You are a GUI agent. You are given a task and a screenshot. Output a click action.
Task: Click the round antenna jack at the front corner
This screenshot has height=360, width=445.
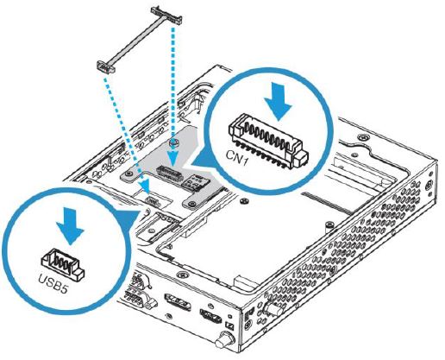tap(232, 340)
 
